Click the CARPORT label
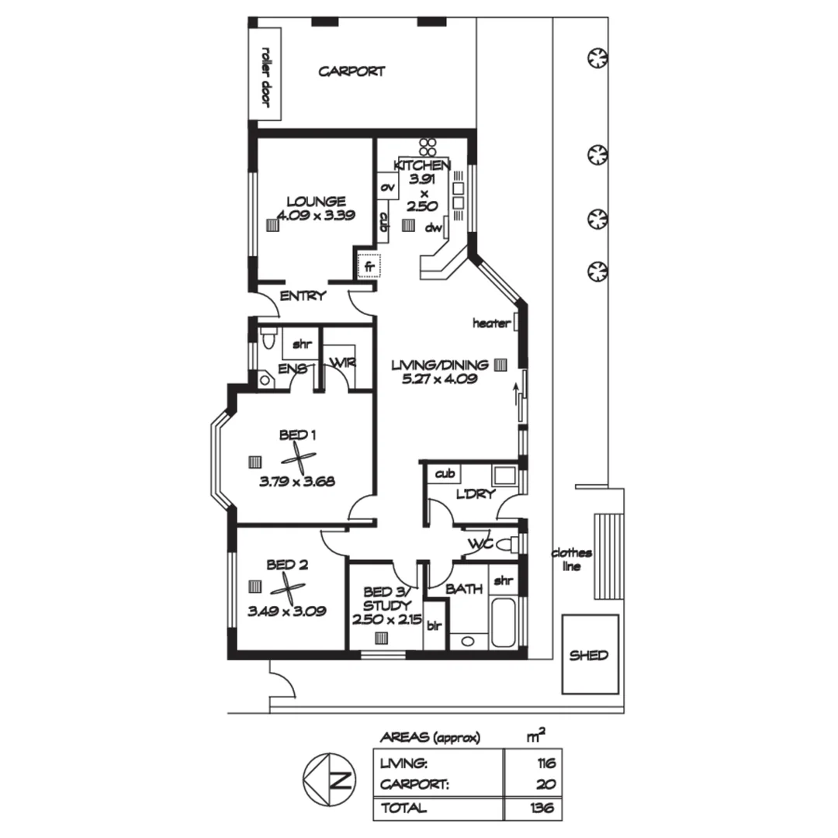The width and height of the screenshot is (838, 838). [x=351, y=71]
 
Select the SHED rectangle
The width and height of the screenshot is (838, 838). [x=590, y=655]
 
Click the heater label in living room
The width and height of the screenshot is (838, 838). [x=492, y=324]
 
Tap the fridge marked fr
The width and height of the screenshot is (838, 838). [x=369, y=266]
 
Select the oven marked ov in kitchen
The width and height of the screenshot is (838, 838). [x=386, y=188]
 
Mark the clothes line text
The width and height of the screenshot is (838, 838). [x=572, y=559]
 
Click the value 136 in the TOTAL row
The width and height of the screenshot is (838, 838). [x=543, y=808]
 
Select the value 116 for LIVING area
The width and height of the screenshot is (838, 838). [x=545, y=764]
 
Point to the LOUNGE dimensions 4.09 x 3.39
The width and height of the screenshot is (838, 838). [x=316, y=216]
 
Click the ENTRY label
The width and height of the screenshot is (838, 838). [x=303, y=296]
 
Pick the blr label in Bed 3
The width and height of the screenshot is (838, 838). [x=433, y=625]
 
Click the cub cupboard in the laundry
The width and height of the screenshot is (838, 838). [x=445, y=473]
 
